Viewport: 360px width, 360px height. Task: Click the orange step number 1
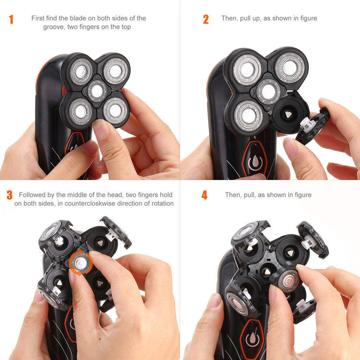11,19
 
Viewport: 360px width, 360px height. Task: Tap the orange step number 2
206,19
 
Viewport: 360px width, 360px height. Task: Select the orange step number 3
9,195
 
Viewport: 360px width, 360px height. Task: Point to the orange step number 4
204,195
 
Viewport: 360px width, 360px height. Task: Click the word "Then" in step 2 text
229,18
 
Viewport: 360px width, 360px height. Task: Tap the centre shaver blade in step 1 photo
97,91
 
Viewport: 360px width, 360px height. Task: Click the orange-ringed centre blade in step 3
81,262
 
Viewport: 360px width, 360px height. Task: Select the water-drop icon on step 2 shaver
255,162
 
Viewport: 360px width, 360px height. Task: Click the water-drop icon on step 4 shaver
252,339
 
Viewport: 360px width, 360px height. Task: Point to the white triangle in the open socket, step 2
288,114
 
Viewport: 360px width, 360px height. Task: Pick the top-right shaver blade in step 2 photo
289,67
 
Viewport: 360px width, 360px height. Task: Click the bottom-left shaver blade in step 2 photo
248,116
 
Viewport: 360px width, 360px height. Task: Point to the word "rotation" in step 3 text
162,204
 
